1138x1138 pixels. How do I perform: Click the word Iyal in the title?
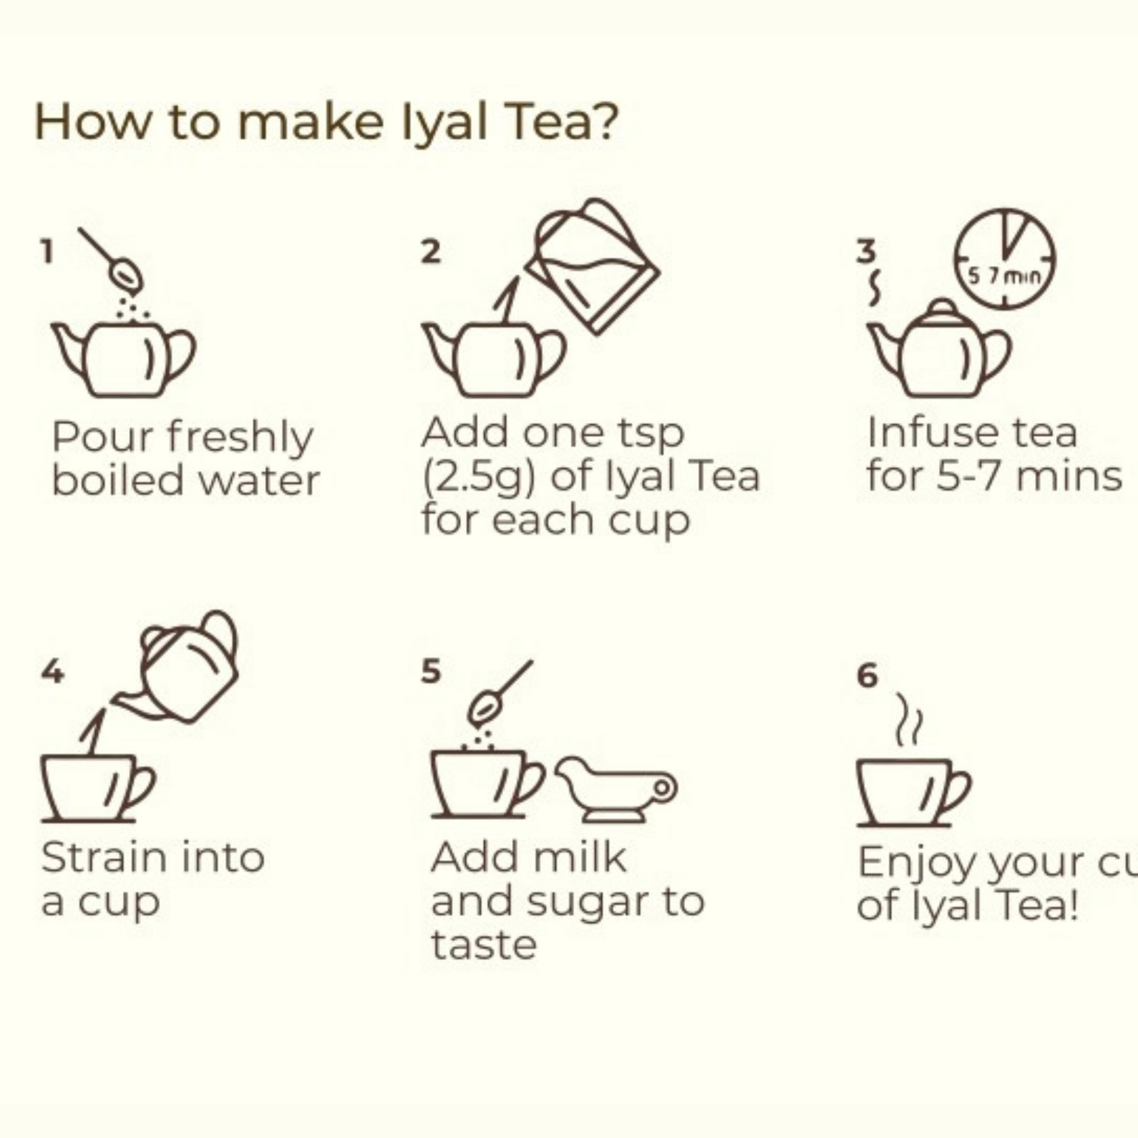[444, 124]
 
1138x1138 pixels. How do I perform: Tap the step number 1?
[47, 251]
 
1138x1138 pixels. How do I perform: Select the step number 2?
[430, 251]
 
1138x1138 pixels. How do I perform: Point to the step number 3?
[866, 251]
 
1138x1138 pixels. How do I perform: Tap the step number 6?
[867, 675]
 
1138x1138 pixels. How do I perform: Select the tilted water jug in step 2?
[592, 266]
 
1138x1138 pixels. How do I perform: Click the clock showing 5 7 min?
[1005, 258]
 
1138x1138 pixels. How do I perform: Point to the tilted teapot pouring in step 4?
[177, 667]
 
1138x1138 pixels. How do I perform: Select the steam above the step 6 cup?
[909, 719]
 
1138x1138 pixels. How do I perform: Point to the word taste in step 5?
[484, 946]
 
